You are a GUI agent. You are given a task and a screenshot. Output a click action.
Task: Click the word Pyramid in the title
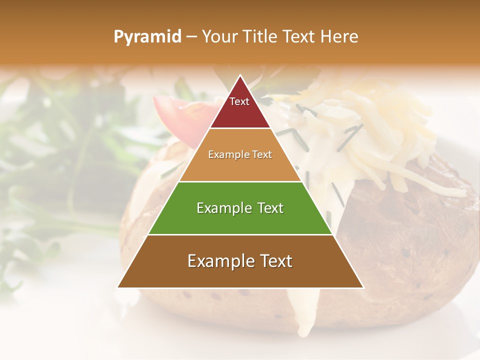(x=147, y=37)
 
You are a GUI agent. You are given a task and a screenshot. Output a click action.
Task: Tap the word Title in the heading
(x=262, y=37)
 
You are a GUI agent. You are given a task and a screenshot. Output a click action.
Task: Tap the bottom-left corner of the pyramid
(x=118, y=287)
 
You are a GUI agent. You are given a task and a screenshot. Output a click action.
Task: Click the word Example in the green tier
(x=219, y=208)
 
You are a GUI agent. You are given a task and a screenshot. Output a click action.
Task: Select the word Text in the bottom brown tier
(x=274, y=261)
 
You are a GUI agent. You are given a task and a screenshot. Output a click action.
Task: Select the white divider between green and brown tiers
(x=240, y=234)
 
